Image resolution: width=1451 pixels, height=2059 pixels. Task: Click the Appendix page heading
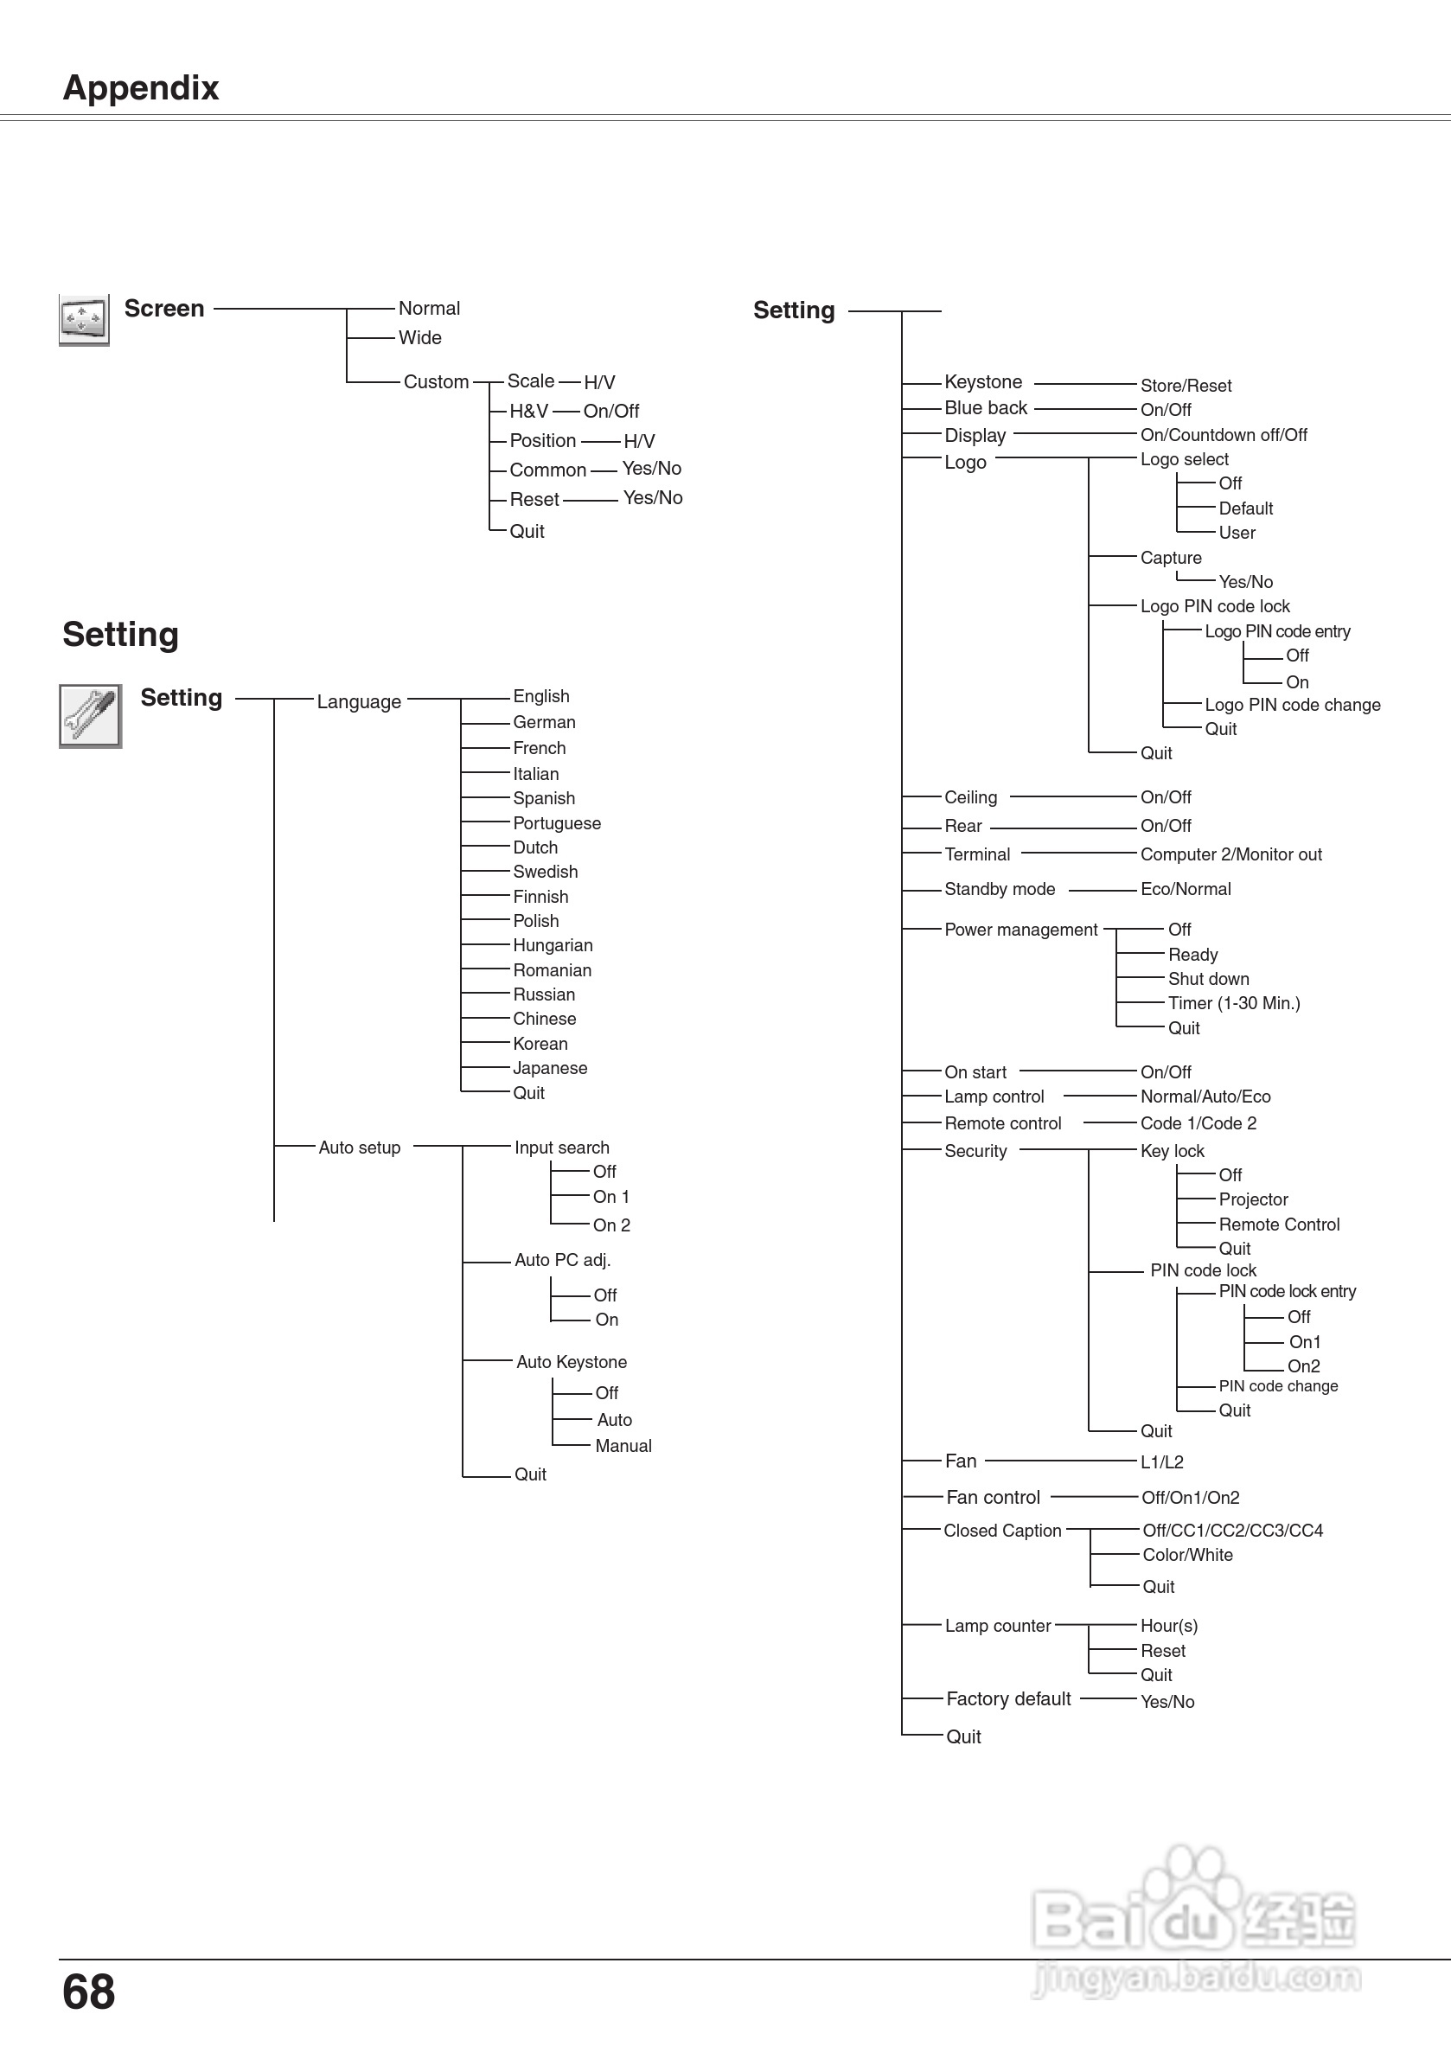pyautogui.click(x=141, y=88)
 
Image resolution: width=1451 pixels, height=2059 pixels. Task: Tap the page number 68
pyautogui.click(x=89, y=1992)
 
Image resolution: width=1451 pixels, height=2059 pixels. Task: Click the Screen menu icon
pyautogui.click(x=83, y=319)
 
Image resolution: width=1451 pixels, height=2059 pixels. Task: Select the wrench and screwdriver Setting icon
pyautogui.click(x=90, y=716)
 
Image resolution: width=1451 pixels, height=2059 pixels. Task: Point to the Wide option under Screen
pyautogui.click(x=419, y=338)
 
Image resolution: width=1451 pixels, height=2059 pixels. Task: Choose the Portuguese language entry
pyautogui.click(x=556, y=823)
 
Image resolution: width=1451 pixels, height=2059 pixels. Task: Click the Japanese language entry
pyautogui.click(x=550, y=1068)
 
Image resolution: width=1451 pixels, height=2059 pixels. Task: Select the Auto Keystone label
pyautogui.click(x=572, y=1362)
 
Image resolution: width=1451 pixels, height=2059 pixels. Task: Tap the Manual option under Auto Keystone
pyautogui.click(x=623, y=1446)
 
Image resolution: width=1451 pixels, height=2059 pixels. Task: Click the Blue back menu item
pyautogui.click(x=986, y=408)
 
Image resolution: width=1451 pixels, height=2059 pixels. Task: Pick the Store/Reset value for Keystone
pyautogui.click(x=1186, y=386)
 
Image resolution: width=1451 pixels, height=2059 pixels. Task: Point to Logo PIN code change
pyautogui.click(x=1292, y=705)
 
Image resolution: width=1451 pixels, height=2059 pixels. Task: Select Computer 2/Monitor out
pyautogui.click(x=1230, y=854)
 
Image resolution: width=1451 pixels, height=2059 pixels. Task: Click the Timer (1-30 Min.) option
pyautogui.click(x=1233, y=1003)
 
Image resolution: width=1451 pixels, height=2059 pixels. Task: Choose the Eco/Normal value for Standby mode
pyautogui.click(x=1186, y=889)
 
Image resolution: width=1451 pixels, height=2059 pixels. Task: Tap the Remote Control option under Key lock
pyautogui.click(x=1279, y=1225)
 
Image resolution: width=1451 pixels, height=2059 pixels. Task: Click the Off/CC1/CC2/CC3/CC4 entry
pyautogui.click(x=1232, y=1531)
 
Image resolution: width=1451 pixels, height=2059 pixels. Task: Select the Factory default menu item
pyautogui.click(x=1008, y=1698)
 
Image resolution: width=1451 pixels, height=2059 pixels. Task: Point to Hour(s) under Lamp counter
pyautogui.click(x=1168, y=1626)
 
